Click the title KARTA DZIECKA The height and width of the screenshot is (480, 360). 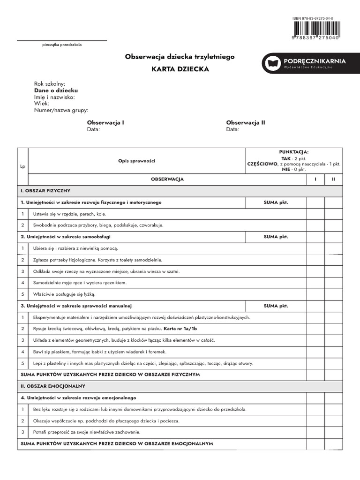click(x=180, y=69)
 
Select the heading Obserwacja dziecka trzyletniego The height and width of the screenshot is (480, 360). click(x=180, y=56)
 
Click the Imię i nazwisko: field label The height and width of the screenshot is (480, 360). click(x=54, y=97)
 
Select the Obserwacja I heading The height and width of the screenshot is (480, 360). click(x=105, y=122)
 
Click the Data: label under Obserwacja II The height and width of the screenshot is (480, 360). click(x=232, y=129)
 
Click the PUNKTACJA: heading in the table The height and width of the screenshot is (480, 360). click(x=293, y=152)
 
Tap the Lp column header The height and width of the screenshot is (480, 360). click(x=22, y=166)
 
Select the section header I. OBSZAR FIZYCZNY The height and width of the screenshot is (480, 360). click(x=45, y=191)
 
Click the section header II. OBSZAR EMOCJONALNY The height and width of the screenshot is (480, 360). click(x=52, y=386)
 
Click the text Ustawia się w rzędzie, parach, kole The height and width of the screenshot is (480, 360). click(x=69, y=214)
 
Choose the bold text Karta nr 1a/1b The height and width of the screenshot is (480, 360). click(x=178, y=329)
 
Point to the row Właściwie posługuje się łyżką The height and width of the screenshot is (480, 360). click(x=64, y=294)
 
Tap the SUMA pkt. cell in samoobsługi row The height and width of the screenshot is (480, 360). click(x=276, y=237)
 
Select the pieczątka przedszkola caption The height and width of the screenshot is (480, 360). click(x=62, y=45)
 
